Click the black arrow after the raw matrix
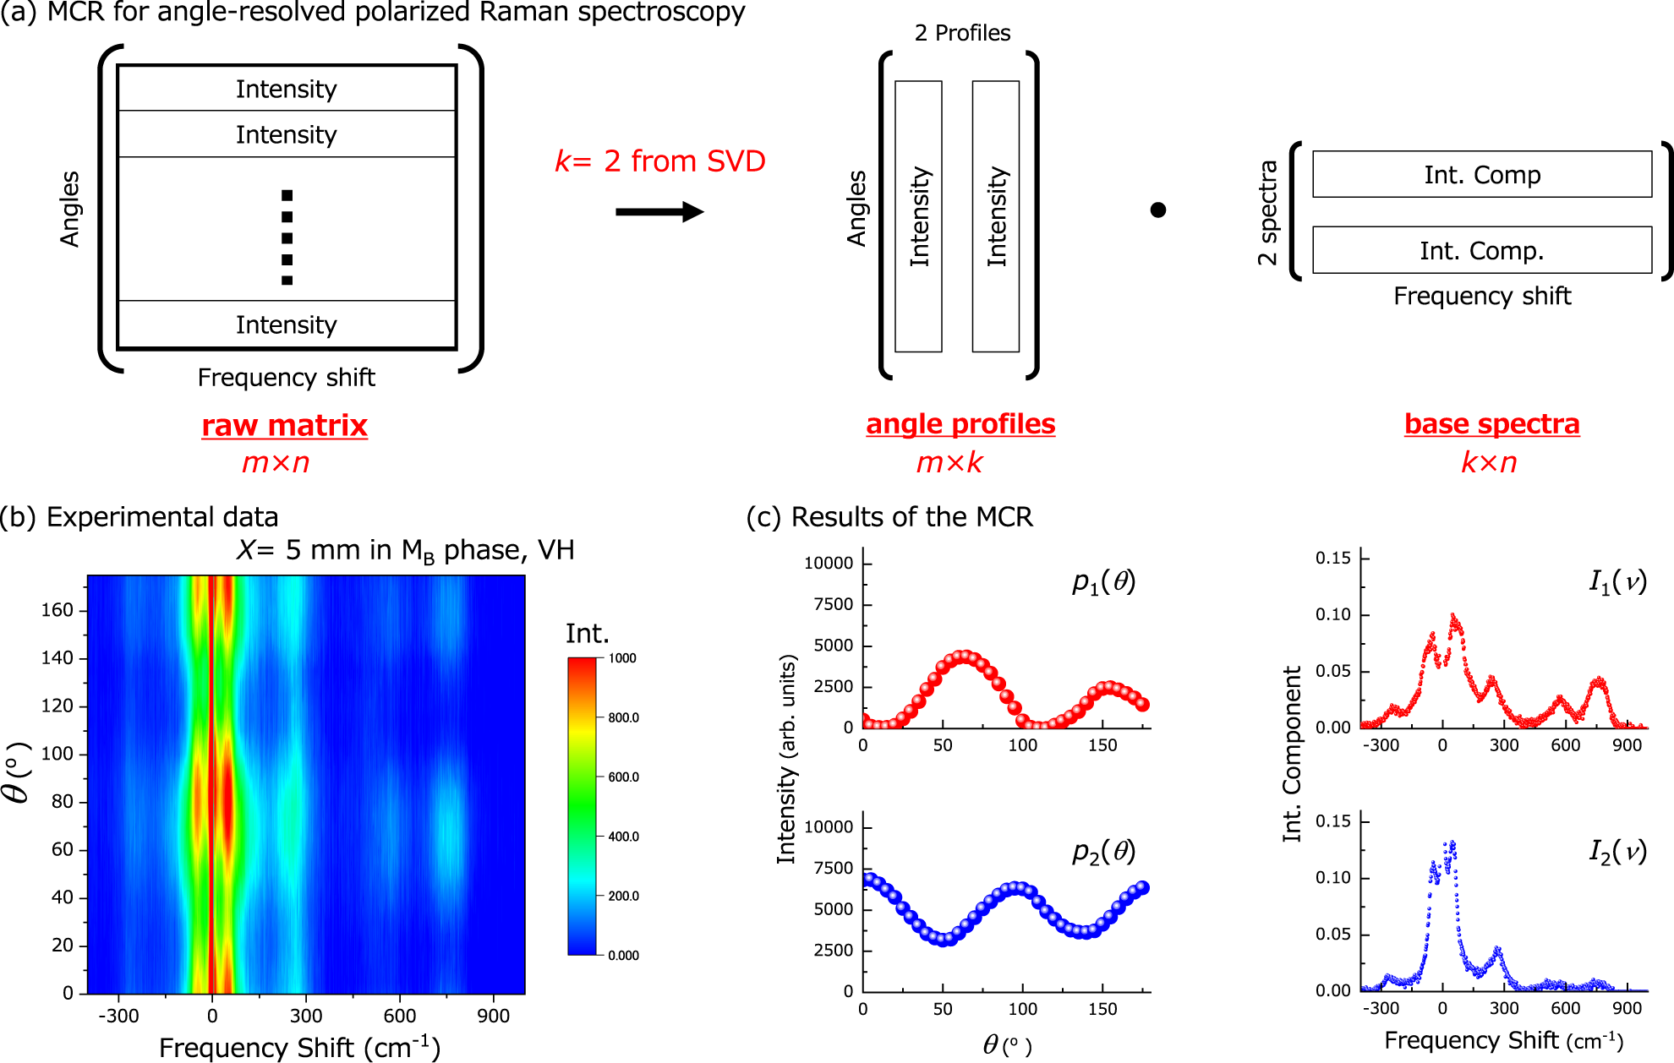point(659,211)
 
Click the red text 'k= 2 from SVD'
point(659,161)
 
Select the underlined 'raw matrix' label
point(284,425)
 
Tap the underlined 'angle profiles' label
point(960,423)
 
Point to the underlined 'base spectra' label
point(1491,423)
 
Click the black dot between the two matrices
point(1158,210)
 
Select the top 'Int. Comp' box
point(1482,174)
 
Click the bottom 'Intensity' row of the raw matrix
point(287,324)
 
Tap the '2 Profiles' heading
point(962,33)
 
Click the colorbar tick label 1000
point(622,658)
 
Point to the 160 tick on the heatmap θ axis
point(57,610)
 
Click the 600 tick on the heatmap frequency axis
point(399,1016)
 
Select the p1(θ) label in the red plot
point(1103,582)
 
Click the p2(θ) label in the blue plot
point(1103,852)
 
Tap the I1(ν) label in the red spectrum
point(1617,582)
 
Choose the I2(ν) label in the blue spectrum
point(1617,852)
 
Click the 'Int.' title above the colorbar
point(587,634)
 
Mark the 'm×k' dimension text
point(949,462)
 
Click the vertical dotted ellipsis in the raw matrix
point(287,237)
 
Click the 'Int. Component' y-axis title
point(1292,754)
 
